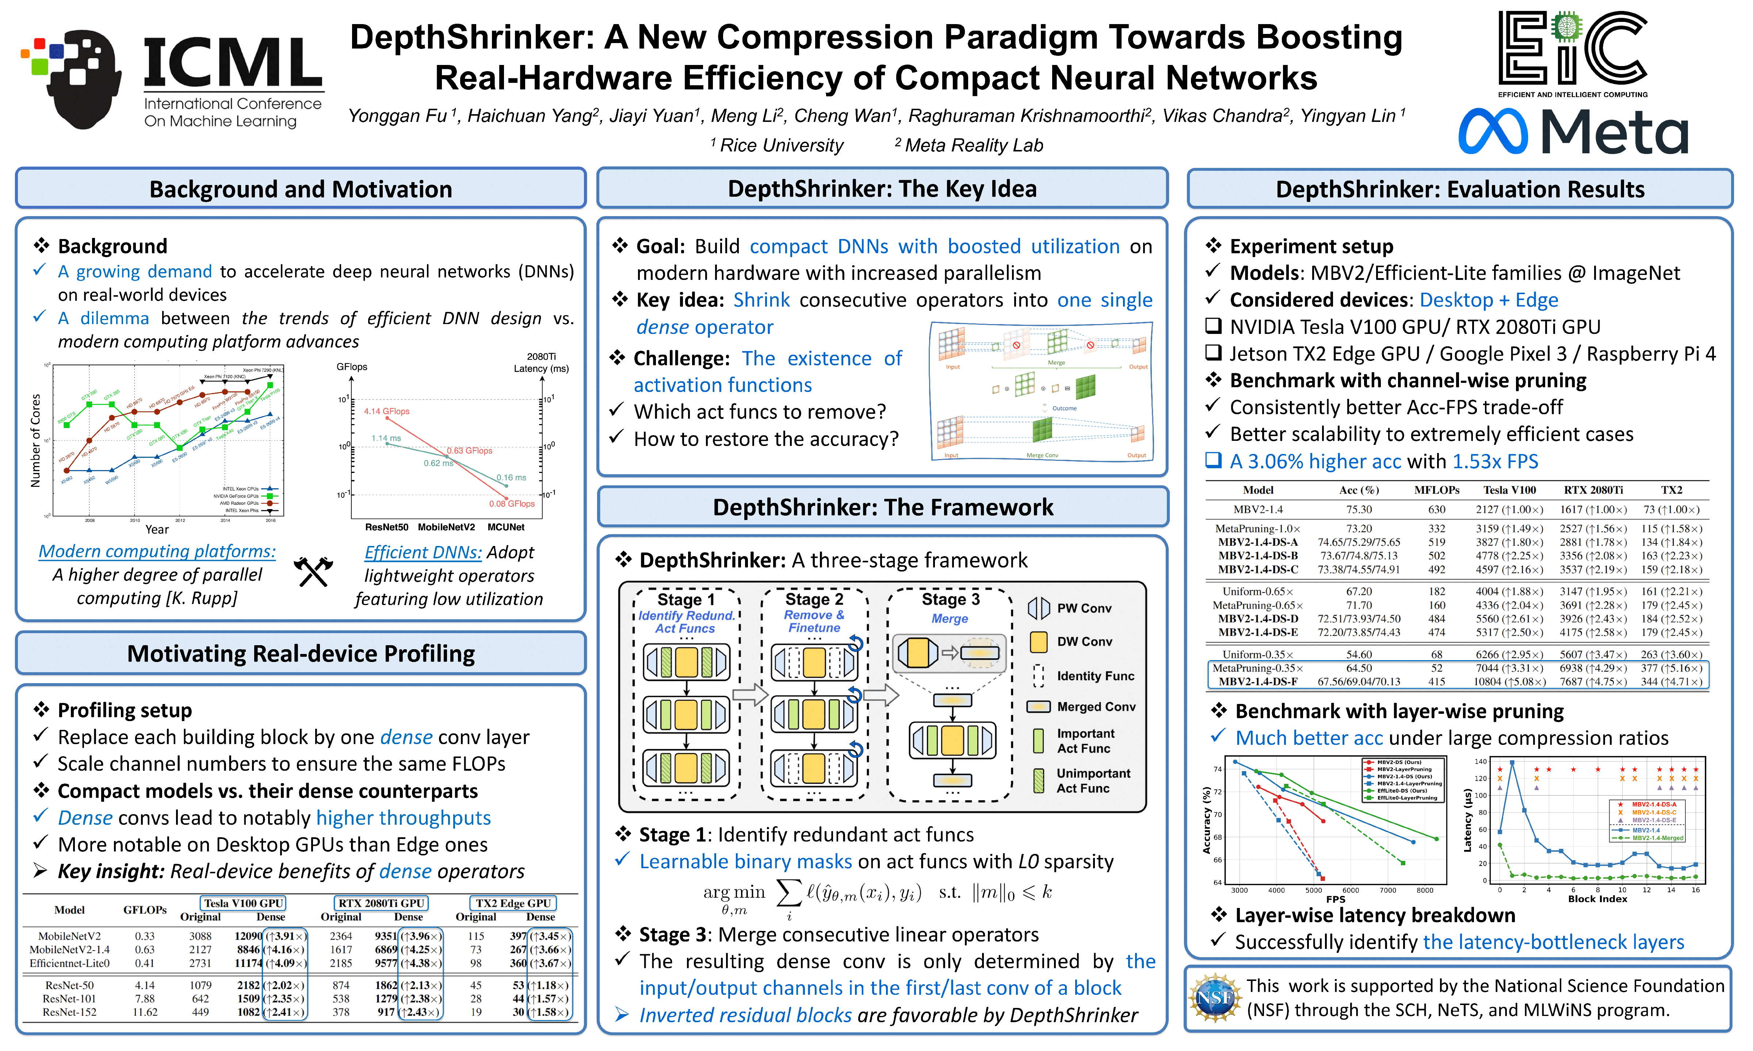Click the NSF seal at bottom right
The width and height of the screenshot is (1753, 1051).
1214,998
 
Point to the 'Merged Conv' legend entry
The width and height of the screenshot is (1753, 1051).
1096,707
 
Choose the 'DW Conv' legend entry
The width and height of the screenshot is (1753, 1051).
1084,642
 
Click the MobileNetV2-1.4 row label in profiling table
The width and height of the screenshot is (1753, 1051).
69,950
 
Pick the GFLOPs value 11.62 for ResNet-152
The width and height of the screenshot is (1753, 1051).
145,1012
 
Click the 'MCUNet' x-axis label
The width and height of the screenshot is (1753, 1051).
506,527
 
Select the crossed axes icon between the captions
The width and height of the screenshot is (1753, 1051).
313,571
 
